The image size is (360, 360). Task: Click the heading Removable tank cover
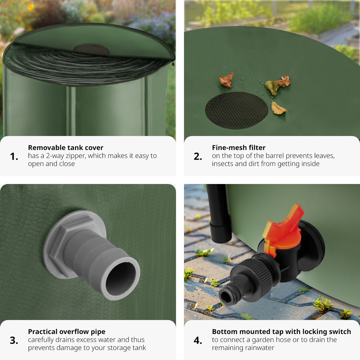tap(66, 147)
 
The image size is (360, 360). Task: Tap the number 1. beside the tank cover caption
tap(14, 157)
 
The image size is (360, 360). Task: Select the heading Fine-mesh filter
tap(239, 147)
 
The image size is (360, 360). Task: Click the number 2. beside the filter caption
tap(198, 157)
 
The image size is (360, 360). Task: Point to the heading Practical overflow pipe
tap(67, 332)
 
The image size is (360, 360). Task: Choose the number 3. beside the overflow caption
tap(14, 341)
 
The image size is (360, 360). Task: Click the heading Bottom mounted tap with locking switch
tap(282, 332)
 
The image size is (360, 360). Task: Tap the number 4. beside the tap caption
tap(198, 341)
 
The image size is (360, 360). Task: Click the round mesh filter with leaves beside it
tap(237, 111)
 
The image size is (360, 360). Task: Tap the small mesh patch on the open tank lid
tap(91, 50)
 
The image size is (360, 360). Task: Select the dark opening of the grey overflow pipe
tap(121, 278)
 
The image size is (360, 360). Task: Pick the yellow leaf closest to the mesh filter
tap(278, 108)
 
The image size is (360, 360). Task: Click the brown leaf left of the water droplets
tap(226, 80)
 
